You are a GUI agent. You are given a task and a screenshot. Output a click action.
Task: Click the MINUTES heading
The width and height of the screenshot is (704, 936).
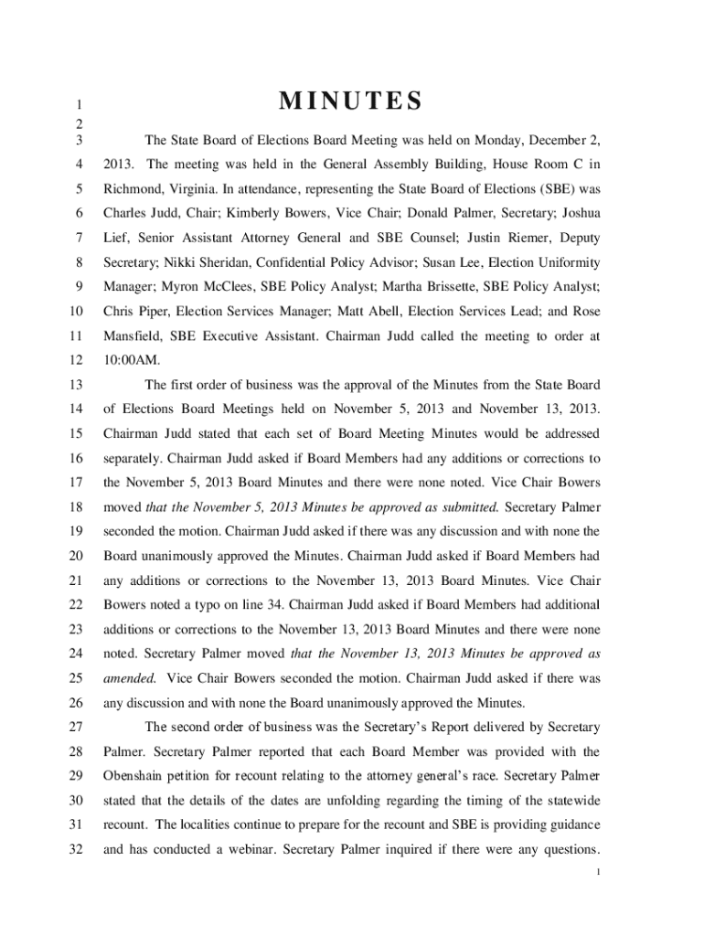[x=351, y=101]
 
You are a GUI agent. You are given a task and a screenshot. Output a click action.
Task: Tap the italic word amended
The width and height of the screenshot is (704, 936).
[x=130, y=678]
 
